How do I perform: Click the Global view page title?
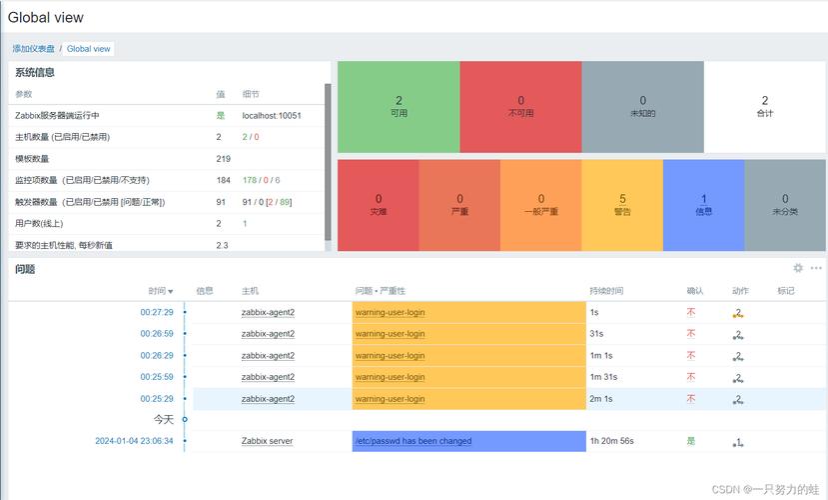46,17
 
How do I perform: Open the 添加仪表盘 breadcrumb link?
34,48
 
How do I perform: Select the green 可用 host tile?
399,106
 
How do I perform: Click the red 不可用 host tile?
520,106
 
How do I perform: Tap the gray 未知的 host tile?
642,106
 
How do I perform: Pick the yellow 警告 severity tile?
622,205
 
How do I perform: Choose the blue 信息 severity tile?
703,205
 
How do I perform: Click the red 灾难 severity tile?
379,205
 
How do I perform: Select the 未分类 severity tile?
785,205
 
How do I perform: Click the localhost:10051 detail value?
272,115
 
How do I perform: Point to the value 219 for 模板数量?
223,158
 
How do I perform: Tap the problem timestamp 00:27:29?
156,312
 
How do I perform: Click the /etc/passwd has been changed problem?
413,441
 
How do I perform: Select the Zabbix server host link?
267,441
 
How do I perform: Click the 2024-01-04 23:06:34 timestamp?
134,441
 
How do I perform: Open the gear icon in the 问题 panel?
798,268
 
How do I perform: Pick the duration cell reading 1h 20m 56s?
611,441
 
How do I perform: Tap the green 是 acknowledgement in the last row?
690,441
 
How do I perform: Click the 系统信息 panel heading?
35,72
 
